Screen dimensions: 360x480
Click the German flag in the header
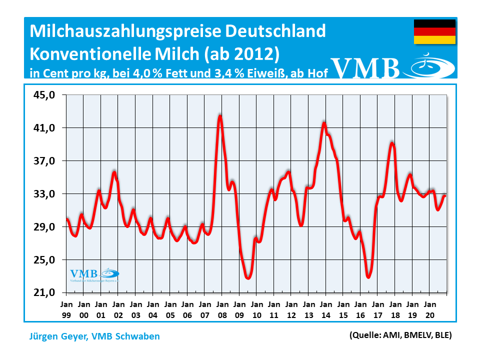pos(434,32)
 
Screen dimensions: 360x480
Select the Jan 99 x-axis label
pos(66,308)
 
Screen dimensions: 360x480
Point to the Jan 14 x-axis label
pos(325,308)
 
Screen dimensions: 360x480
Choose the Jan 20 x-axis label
pos(429,308)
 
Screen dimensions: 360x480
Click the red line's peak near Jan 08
pos(220,116)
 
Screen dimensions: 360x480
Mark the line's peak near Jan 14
pos(324,123)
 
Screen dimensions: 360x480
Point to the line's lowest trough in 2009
pos(248,277)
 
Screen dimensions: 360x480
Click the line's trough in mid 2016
pos(368,276)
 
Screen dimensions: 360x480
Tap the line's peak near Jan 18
pos(392,143)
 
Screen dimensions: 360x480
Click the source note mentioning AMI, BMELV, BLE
pos(400,335)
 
